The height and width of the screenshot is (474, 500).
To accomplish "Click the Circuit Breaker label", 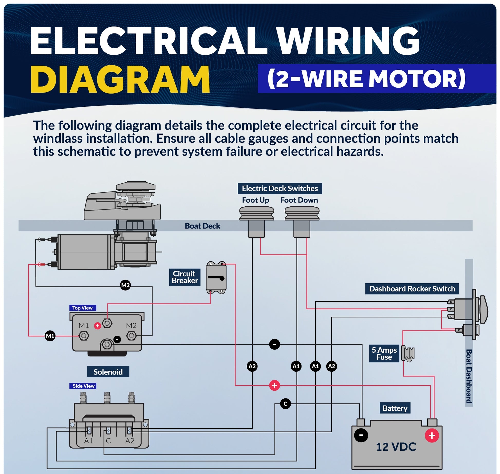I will tap(184, 277).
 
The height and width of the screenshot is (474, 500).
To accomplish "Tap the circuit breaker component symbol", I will tap(216, 278).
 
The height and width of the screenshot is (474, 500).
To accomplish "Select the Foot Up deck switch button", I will tap(256, 214).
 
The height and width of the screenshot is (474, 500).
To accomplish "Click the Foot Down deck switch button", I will tap(302, 214).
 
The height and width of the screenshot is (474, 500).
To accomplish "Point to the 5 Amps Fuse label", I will tap(384, 353).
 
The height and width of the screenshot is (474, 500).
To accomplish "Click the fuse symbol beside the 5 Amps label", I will tap(408, 353).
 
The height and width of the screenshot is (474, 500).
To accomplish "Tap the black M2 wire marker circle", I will tap(125, 285).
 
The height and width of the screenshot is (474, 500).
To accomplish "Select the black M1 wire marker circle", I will tap(50, 336).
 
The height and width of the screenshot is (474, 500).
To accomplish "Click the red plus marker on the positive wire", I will tap(274, 385).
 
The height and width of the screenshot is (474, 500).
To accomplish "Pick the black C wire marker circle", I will tap(285, 404).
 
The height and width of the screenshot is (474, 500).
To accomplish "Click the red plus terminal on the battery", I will tap(432, 435).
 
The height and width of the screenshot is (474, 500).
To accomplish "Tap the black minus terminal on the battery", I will tap(361, 435).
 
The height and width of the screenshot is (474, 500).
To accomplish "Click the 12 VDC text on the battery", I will tap(396, 447).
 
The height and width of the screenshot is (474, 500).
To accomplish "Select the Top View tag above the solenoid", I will tap(82, 308).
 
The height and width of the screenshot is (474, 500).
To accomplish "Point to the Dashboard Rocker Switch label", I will tap(412, 289).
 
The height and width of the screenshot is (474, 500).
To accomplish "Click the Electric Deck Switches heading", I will tap(280, 188).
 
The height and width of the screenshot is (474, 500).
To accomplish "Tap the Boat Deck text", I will tap(202, 226).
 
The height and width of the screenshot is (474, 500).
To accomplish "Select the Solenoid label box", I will tap(108, 372).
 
